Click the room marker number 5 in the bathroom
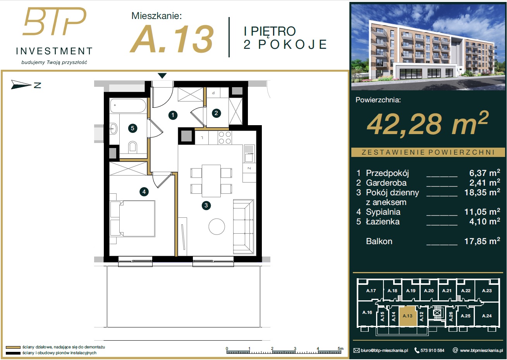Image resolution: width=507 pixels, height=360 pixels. tap(132, 128)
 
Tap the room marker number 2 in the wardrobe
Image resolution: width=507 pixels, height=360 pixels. tap(216, 113)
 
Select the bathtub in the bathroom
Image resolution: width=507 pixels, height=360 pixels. tap(128, 105)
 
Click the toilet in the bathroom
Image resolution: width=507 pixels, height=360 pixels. tap(132, 147)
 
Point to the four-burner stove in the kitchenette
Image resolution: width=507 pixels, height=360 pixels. tap(225, 138)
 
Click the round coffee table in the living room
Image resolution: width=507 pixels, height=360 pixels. tap(217, 226)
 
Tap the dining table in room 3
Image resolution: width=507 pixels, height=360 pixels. tap(211, 181)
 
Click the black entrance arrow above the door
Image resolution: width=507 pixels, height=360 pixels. tap(162, 76)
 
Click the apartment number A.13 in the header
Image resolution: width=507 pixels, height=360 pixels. tap(172, 39)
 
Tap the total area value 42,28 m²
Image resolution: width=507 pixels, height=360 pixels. tap(427, 124)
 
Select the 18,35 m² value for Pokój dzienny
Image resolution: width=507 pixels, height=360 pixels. tap(482, 193)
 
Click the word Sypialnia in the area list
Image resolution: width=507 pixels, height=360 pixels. tap(383, 212)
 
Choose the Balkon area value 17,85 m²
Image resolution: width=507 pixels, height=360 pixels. tap(482, 241)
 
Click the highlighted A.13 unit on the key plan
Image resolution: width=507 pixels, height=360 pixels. tap(407, 316)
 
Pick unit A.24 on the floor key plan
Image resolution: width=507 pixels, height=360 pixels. tap(486, 316)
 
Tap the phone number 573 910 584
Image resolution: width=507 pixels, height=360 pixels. tap(432, 350)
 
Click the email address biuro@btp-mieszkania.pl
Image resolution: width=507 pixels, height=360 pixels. tap(384, 350)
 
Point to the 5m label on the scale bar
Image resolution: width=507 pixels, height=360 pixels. tap(340, 348)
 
